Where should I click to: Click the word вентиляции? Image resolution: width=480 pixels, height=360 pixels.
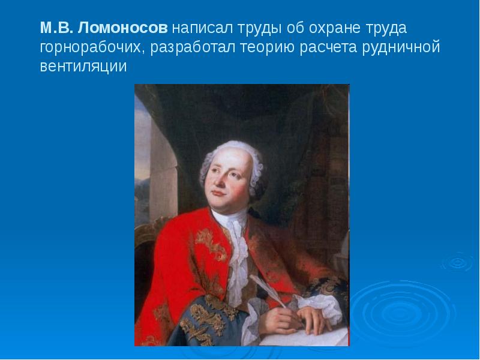click(83, 66)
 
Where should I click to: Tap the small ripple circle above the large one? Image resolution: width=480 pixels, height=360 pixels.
click(457, 262)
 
